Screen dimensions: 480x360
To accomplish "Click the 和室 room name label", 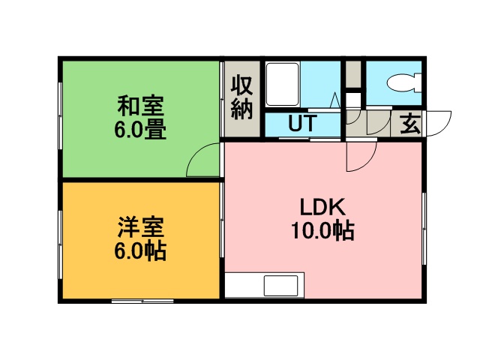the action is pos(141,106).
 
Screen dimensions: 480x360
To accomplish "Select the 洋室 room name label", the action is pos(141,227).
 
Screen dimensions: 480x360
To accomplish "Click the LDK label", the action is pos(322,207).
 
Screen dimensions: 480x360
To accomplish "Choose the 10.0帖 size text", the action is pos(322,230).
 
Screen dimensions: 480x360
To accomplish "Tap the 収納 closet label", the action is pos(241,97).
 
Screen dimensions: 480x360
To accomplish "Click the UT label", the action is pos(301,123).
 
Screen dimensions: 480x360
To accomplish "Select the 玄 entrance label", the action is pos(410,124).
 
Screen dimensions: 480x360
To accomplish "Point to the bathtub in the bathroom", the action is pos(282,84).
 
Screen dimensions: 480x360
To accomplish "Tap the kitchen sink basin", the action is pos(280,286).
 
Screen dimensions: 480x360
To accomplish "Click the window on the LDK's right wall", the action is pos(424,228).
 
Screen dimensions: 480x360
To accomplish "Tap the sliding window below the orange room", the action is pos(142,301).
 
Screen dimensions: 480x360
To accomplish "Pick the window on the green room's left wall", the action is pos(60,115).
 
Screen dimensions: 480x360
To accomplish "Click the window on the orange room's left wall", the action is pos(60,244).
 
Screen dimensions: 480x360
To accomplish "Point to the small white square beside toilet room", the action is pos(353,99).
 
